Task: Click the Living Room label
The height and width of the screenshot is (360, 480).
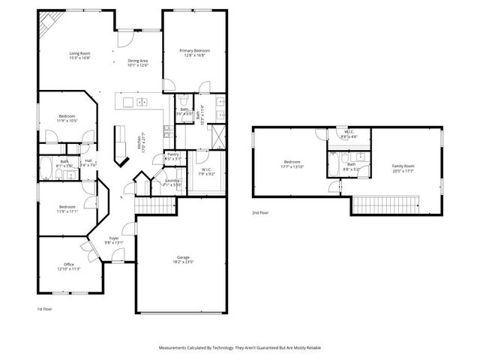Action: tap(79, 54)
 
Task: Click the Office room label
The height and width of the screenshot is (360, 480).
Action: tap(68, 266)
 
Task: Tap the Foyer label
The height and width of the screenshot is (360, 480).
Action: tap(113, 240)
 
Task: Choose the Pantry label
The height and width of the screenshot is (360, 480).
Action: tap(173, 157)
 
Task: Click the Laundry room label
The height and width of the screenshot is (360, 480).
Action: tap(172, 182)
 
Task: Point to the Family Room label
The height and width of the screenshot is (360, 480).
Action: tap(403, 167)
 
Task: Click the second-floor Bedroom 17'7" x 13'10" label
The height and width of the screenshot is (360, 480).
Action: tap(292, 164)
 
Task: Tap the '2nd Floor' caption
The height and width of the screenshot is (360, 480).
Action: tap(261, 213)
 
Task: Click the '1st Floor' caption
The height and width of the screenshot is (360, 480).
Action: tap(45, 309)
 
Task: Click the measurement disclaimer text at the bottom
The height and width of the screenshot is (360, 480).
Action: tap(239, 347)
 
